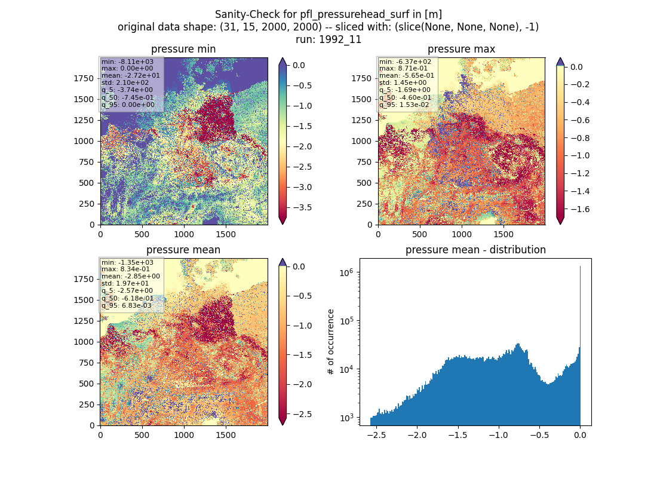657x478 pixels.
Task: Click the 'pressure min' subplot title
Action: pyautogui.click(x=183, y=49)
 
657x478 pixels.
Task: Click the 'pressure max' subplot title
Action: pyautogui.click(x=461, y=49)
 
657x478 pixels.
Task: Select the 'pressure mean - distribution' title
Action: pyautogui.click(x=475, y=250)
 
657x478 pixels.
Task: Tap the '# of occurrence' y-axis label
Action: pyautogui.click(x=331, y=342)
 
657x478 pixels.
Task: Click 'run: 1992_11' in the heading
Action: pyautogui.click(x=328, y=39)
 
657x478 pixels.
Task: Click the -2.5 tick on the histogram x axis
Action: pyautogui.click(x=376, y=435)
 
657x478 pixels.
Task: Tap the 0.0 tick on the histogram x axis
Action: pyautogui.click(x=581, y=435)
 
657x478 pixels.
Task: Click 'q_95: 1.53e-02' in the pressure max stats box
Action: pyautogui.click(x=404, y=105)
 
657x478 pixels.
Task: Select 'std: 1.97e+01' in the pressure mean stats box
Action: pyautogui.click(x=125, y=283)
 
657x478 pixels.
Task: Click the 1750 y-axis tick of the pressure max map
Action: pyautogui.click(x=361, y=78)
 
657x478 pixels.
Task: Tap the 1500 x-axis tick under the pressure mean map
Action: pyautogui.click(x=226, y=435)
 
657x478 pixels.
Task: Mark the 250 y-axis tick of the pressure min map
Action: pyautogui.click(x=87, y=204)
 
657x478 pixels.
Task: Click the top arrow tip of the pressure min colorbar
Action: pyautogui.click(x=283, y=58)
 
